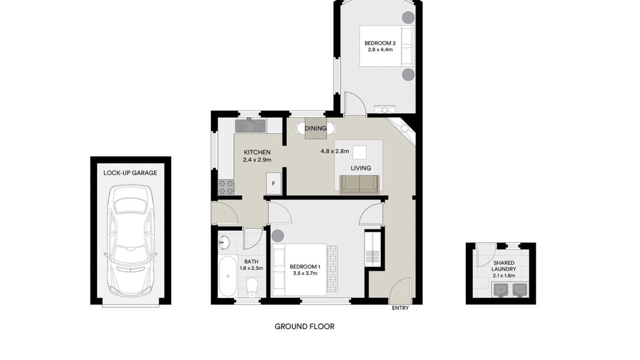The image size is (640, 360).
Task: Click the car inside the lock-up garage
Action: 130,240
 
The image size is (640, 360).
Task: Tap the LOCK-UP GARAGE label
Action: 130,173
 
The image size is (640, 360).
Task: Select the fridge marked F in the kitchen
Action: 273,183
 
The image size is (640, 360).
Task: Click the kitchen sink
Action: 250,126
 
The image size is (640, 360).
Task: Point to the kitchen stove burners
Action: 225,187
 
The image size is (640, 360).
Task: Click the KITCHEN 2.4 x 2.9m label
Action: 257,156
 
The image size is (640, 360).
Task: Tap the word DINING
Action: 315,128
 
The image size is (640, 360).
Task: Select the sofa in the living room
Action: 359,184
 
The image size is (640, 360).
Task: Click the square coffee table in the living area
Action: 359,152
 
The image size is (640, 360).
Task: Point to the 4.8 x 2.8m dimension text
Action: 335,151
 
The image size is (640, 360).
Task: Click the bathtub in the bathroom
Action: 227,276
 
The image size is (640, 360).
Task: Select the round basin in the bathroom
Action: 223,243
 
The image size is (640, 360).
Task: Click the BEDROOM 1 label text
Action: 305,267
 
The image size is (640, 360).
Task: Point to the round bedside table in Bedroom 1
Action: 277,235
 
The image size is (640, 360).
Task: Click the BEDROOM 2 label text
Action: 380,43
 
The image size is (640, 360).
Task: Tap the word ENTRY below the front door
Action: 400,308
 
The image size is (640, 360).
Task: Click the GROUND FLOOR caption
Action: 304,326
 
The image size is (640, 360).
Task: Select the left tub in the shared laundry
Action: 501,289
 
